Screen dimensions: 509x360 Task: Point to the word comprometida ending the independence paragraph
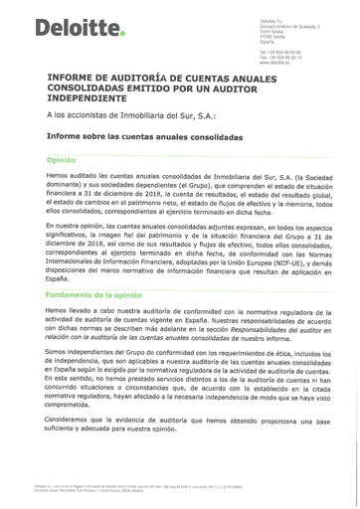point(73,406)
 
